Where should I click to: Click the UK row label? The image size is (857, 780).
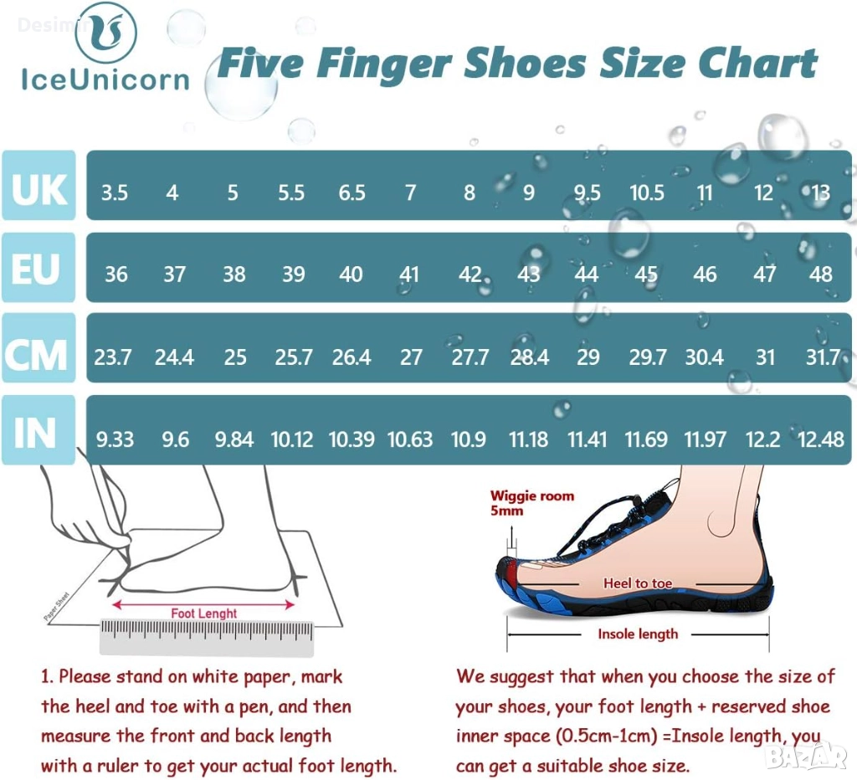38,185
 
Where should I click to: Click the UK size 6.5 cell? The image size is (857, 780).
352,193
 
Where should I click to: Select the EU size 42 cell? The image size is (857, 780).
470,275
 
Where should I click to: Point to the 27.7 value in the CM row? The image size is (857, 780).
470,357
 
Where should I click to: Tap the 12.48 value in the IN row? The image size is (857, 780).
820,439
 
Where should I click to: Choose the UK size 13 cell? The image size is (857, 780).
820,193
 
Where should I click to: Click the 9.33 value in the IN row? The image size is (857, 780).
115,439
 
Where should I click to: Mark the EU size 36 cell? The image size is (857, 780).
115,275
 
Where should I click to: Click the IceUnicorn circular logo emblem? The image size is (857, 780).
106,33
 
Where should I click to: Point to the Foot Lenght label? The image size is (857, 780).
204,613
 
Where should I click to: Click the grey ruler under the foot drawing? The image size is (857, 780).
207,638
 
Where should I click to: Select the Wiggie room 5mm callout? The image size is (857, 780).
531,503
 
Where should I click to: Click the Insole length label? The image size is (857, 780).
638,634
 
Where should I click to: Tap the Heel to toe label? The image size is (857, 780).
638,583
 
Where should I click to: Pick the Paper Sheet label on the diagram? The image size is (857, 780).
56,607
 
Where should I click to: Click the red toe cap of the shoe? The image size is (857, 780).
511,572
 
